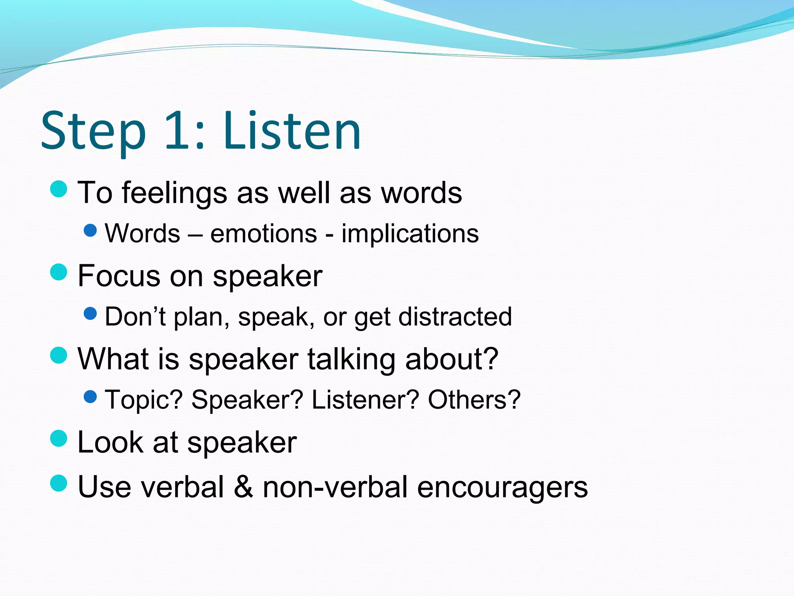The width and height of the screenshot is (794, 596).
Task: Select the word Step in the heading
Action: click(93, 132)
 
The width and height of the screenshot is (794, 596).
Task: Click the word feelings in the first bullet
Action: click(174, 193)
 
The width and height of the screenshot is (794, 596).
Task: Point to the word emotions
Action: click(264, 234)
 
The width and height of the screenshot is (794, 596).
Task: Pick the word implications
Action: click(410, 234)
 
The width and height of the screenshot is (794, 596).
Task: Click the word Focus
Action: click(119, 276)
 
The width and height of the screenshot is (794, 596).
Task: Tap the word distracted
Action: click(455, 317)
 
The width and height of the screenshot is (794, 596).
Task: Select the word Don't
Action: click(135, 317)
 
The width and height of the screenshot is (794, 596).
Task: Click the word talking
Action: click(352, 359)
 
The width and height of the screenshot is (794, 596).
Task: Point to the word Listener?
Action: click(365, 400)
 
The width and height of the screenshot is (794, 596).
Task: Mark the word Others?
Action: click(474, 400)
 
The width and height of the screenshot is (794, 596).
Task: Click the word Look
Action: click(110, 442)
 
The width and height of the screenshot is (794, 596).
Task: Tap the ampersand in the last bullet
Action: click(243, 487)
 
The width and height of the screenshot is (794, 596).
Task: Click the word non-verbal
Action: click(335, 487)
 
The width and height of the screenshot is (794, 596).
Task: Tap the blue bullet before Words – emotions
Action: click(90, 231)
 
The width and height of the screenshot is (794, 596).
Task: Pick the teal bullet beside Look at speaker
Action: click(59, 438)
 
